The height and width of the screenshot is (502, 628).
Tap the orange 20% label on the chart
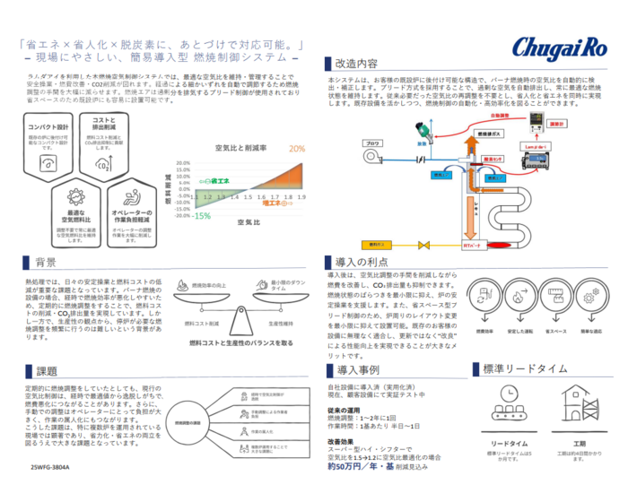point(297,149)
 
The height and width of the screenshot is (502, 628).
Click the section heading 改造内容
point(355,65)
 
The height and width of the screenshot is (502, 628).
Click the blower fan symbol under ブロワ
point(373,162)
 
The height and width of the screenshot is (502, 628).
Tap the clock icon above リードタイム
point(506,404)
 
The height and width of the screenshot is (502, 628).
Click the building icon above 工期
point(578,404)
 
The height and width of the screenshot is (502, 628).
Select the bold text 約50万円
point(351,467)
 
